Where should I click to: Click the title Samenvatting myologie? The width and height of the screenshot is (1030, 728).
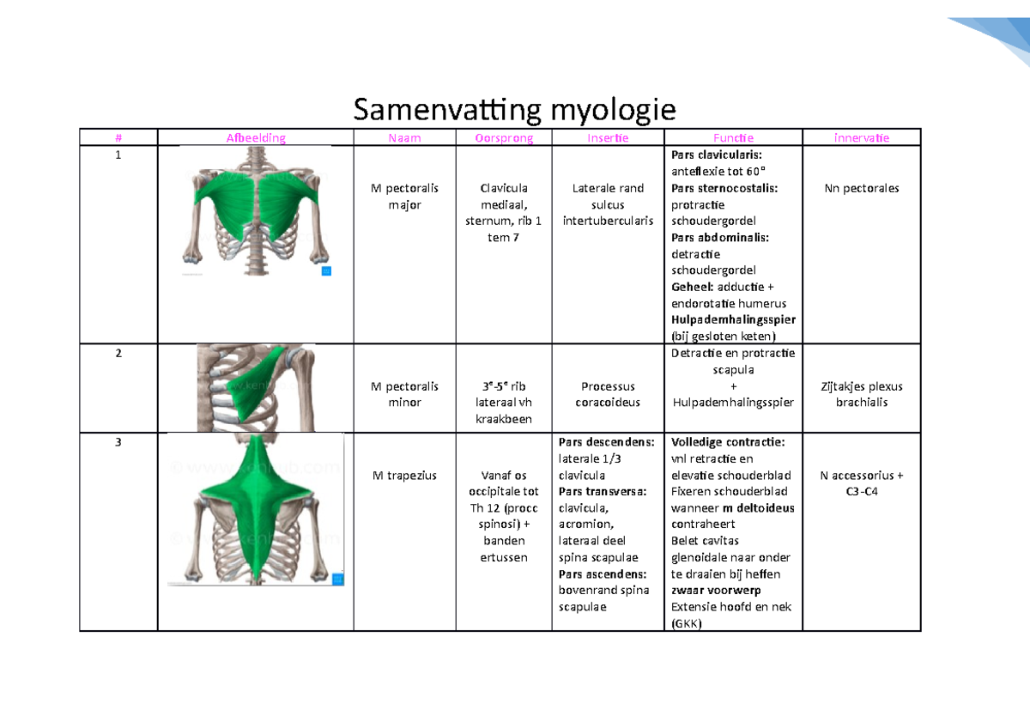coord(515,110)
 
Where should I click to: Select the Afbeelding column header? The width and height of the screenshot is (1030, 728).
coord(256,137)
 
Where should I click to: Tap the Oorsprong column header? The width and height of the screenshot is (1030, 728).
coord(504,137)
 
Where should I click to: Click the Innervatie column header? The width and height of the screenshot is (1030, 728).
coord(861,137)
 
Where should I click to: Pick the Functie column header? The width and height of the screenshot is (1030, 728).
coord(733,137)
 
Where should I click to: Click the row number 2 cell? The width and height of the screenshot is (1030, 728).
coord(118,354)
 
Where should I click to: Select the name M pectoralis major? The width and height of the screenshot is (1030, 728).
coord(404,197)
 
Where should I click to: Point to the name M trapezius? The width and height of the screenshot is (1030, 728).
coord(404,475)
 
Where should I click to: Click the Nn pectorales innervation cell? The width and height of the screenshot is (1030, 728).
coord(861,188)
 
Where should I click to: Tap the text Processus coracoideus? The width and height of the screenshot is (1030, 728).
coord(608,394)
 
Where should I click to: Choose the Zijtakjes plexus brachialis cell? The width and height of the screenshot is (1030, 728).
coord(861,394)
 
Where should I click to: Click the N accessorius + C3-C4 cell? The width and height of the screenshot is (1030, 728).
coord(861,483)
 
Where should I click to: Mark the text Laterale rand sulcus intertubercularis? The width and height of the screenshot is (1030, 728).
coord(608,204)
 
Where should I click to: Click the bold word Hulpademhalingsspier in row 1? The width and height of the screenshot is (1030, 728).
coord(733,319)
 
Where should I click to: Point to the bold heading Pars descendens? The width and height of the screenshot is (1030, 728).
coord(606,442)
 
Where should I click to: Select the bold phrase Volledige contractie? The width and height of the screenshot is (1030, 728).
coord(727,442)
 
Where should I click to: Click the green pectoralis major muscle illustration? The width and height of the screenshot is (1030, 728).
coord(256,192)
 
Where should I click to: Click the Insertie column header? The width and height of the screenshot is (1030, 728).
coord(608,137)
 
